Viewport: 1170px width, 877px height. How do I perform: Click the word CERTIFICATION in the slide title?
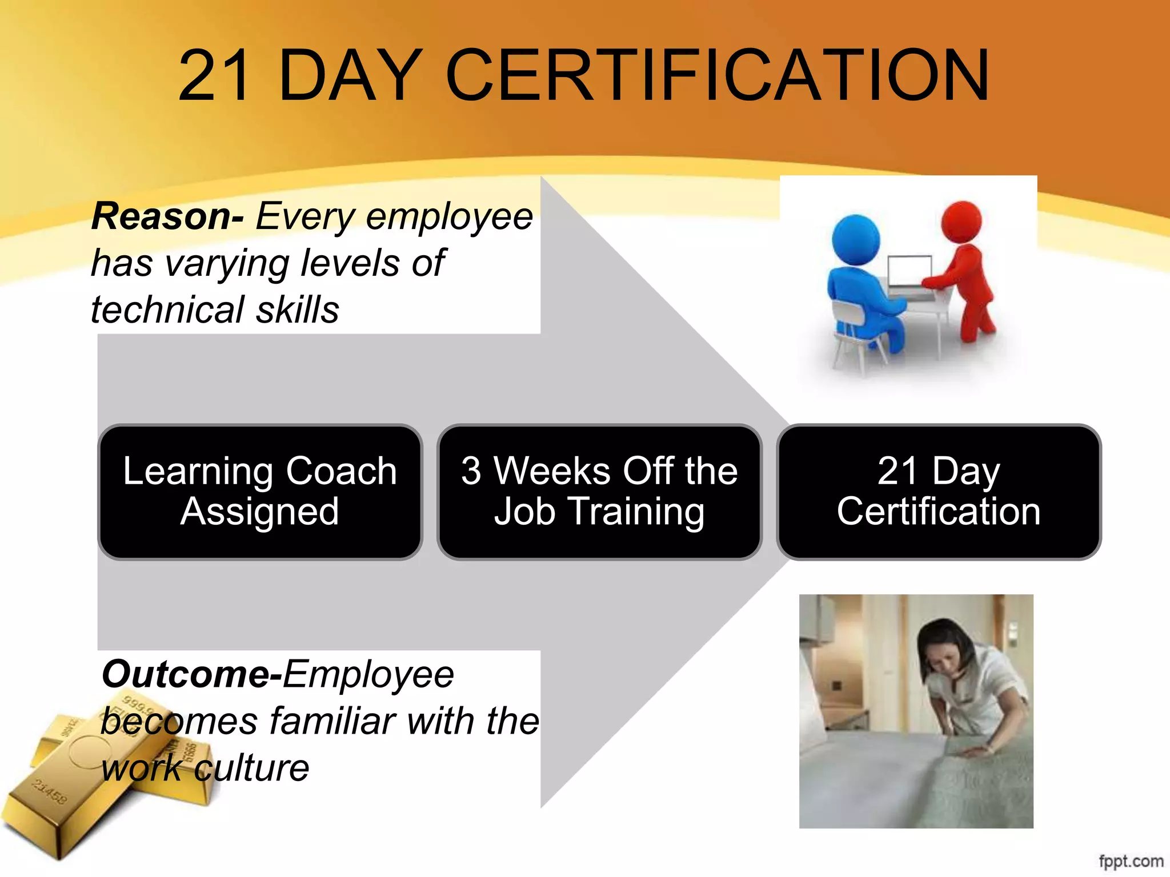point(717,76)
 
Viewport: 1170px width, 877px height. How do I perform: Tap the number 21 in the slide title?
point(214,76)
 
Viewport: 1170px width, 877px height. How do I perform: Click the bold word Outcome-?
point(192,674)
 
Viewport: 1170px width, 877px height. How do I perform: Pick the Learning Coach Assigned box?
point(261,492)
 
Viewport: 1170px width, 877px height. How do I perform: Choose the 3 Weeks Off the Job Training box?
point(599,492)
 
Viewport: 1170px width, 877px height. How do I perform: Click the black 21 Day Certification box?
point(939,492)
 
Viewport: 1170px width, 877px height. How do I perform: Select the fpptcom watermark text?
point(1131,861)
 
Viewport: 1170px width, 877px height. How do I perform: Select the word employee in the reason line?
point(450,218)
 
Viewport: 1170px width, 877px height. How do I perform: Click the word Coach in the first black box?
point(341,472)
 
